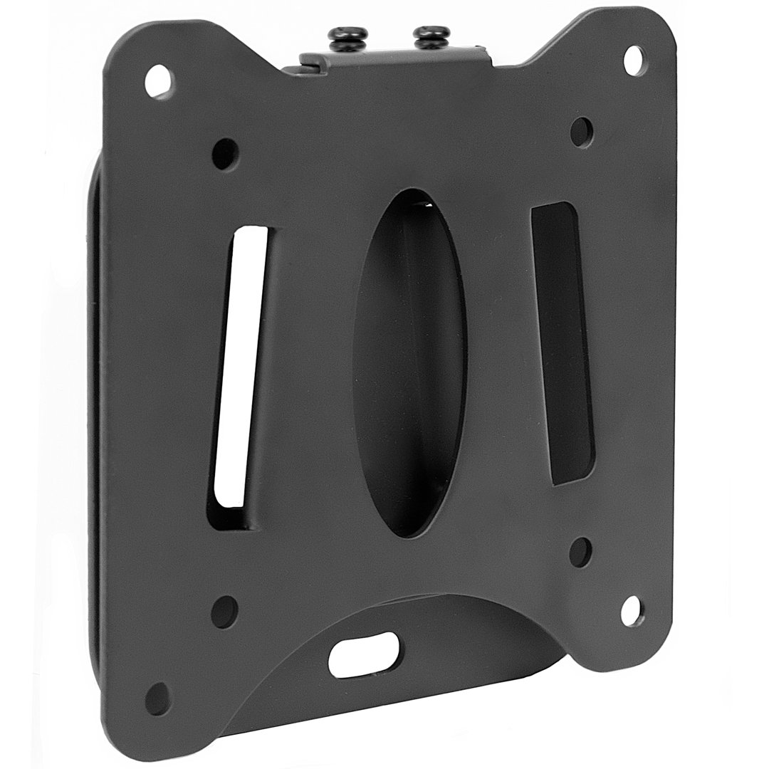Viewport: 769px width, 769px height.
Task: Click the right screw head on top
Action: [431, 36]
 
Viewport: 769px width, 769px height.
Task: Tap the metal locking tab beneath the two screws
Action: [392, 59]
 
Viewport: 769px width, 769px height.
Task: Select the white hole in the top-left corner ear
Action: [157, 80]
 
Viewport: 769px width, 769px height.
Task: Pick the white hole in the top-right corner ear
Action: [633, 60]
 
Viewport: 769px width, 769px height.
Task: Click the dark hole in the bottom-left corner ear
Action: [157, 699]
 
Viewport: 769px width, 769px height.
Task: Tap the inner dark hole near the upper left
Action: [225, 153]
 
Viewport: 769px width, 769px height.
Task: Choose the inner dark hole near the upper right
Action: [581, 132]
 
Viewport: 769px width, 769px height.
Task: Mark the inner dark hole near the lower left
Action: [224, 611]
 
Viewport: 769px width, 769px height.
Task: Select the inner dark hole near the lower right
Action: [580, 552]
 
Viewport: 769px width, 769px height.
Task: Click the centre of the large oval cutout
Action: [409, 363]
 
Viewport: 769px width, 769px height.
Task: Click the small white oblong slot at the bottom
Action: [363, 654]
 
